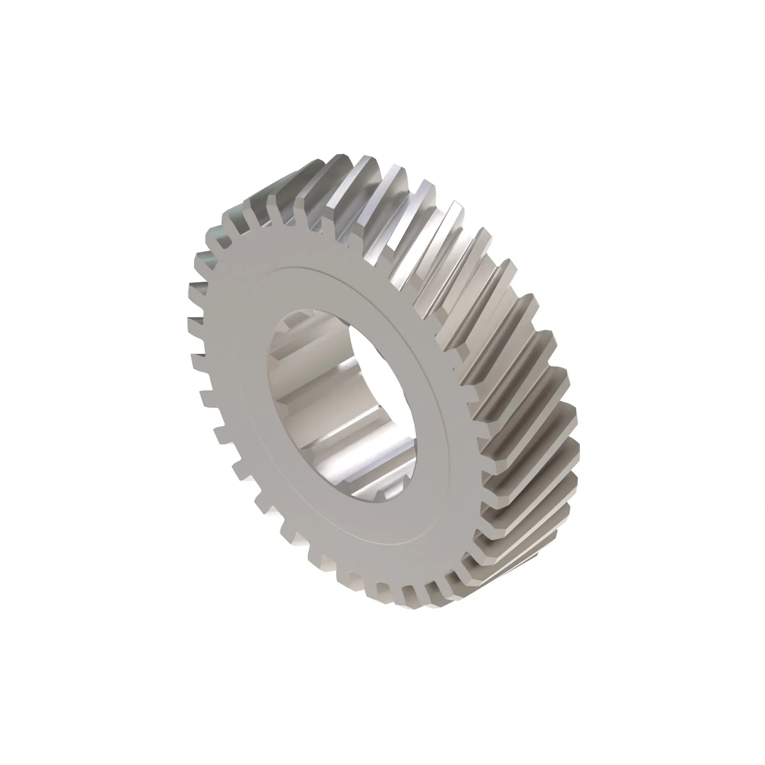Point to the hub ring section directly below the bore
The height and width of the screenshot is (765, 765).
(380, 522)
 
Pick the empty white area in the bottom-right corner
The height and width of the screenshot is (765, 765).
(693, 693)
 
